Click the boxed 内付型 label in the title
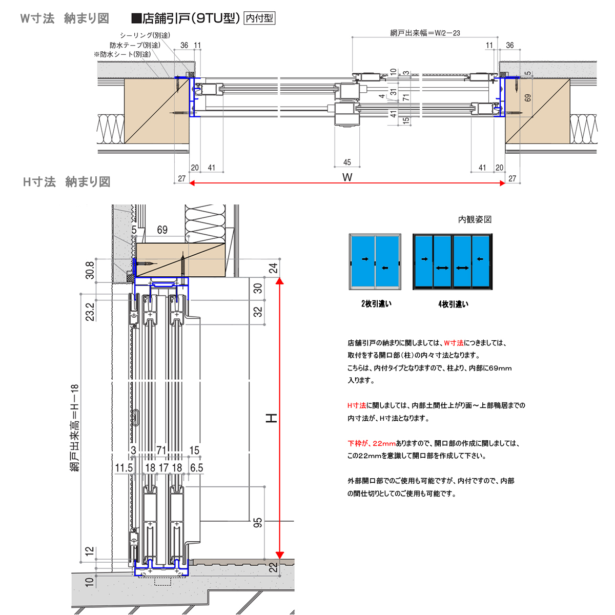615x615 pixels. [x=259, y=18]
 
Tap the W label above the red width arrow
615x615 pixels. [x=347, y=177]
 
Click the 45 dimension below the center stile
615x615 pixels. [x=347, y=162]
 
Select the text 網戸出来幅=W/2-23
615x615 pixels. [x=425, y=33]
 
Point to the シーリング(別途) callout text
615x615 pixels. [x=145, y=35]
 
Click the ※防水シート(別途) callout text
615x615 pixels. [x=122, y=54]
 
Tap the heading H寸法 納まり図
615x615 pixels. [x=67, y=182]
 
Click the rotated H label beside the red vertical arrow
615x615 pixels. [x=271, y=418]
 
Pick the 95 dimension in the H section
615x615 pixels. [x=258, y=522]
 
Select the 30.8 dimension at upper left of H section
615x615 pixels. [x=90, y=270]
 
